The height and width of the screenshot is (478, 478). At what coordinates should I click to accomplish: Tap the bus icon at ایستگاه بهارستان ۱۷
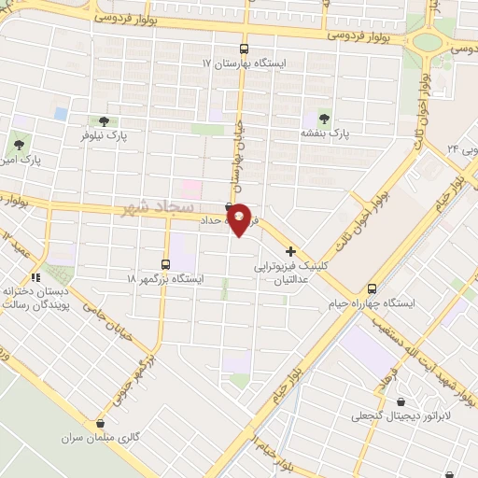[x=244, y=49]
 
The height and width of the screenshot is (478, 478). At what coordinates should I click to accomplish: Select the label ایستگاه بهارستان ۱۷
[x=245, y=65]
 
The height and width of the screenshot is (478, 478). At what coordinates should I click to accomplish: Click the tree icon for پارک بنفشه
[x=324, y=118]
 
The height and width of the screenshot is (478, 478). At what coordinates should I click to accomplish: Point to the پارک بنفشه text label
[x=326, y=134]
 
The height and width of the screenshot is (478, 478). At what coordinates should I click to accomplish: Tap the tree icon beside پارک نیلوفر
[x=103, y=120]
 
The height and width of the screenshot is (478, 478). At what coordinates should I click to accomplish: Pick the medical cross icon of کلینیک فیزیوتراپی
[x=291, y=251]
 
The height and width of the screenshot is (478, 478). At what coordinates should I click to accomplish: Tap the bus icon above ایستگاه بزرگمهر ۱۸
[x=165, y=263]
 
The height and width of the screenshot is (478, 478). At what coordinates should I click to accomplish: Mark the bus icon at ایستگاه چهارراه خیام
[x=373, y=288]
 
